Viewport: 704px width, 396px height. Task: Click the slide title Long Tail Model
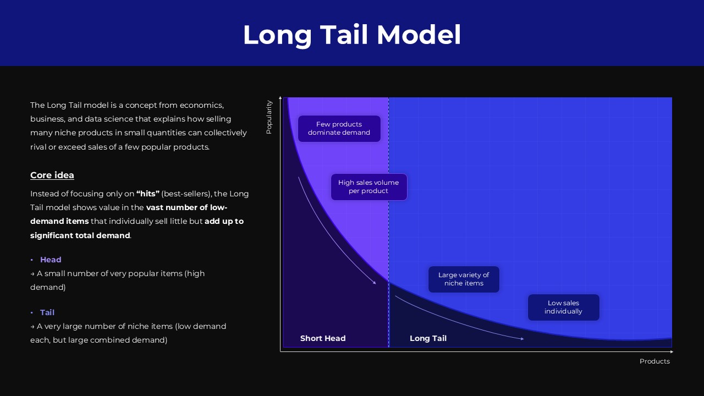coord(352,35)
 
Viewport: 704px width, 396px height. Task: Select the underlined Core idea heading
coord(52,175)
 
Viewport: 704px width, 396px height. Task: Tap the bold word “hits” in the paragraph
coord(148,194)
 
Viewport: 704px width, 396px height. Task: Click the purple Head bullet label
coord(51,260)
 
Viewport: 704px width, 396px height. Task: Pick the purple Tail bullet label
coord(47,312)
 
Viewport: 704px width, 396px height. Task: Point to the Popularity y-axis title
coord(269,117)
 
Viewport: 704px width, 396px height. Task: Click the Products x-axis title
coord(654,361)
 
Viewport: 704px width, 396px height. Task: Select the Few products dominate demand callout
coord(339,129)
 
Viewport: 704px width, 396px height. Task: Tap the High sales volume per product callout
coord(369,187)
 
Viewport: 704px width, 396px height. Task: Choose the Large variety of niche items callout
coord(464,279)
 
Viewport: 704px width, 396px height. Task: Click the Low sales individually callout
coord(563,307)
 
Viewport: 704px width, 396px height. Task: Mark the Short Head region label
coord(323,338)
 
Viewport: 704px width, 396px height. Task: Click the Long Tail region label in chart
coord(428,338)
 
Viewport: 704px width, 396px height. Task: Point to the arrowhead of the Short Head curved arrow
coord(375,283)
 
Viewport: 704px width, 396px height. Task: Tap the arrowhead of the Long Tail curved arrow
coord(522,339)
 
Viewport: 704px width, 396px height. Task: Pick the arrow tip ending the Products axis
coord(672,351)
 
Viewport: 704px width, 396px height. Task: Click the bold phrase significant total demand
coord(80,235)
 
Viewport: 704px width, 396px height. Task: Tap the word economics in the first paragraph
coord(201,105)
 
